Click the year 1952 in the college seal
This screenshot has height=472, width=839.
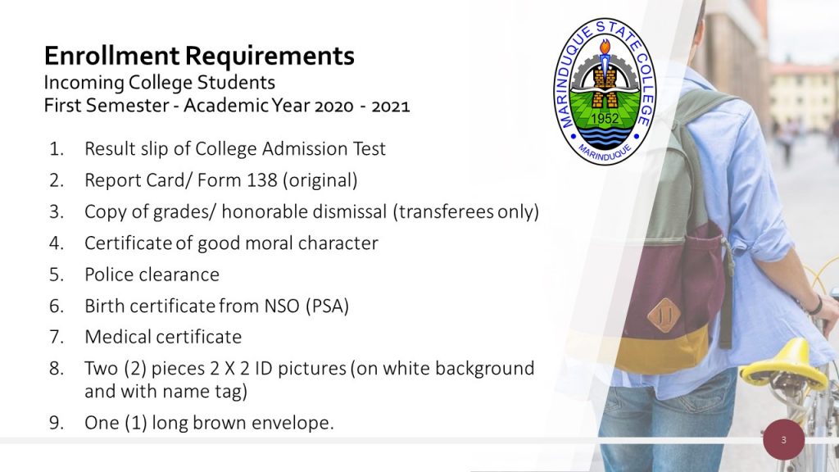pos(605,118)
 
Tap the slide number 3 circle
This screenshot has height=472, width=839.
pos(784,440)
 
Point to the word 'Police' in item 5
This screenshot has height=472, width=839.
pos(109,275)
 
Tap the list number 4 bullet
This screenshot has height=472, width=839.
pos(57,243)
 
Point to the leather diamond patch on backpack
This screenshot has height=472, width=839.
pos(664,315)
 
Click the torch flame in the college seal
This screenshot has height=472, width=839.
pos(605,48)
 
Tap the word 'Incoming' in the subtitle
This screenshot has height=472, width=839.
pos(84,83)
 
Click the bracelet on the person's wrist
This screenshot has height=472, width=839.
pos(816,304)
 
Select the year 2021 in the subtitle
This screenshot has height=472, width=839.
pos(391,107)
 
